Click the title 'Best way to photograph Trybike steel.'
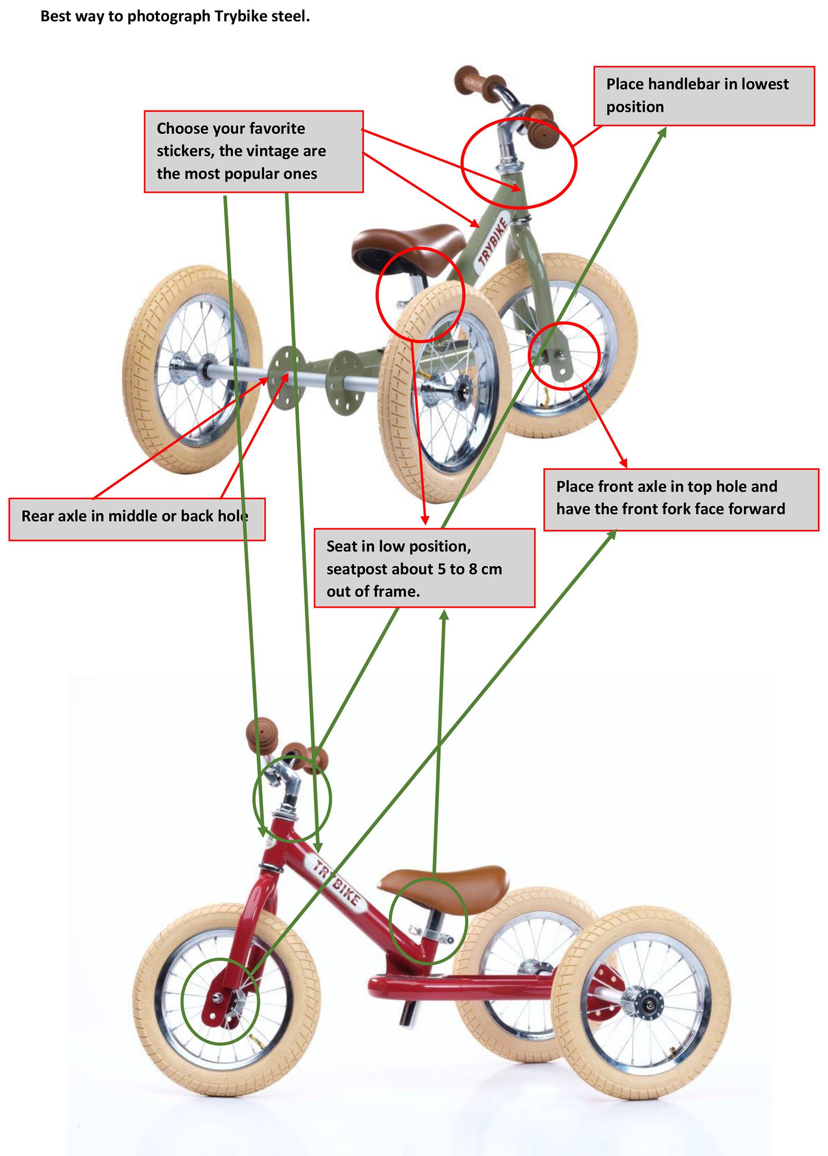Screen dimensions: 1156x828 click(175, 16)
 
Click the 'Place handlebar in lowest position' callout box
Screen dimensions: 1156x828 click(703, 96)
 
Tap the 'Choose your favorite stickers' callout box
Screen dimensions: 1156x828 click(253, 151)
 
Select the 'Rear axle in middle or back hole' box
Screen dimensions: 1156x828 click(137, 519)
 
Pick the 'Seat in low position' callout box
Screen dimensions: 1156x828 click(424, 568)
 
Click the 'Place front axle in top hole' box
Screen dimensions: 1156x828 click(680, 500)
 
